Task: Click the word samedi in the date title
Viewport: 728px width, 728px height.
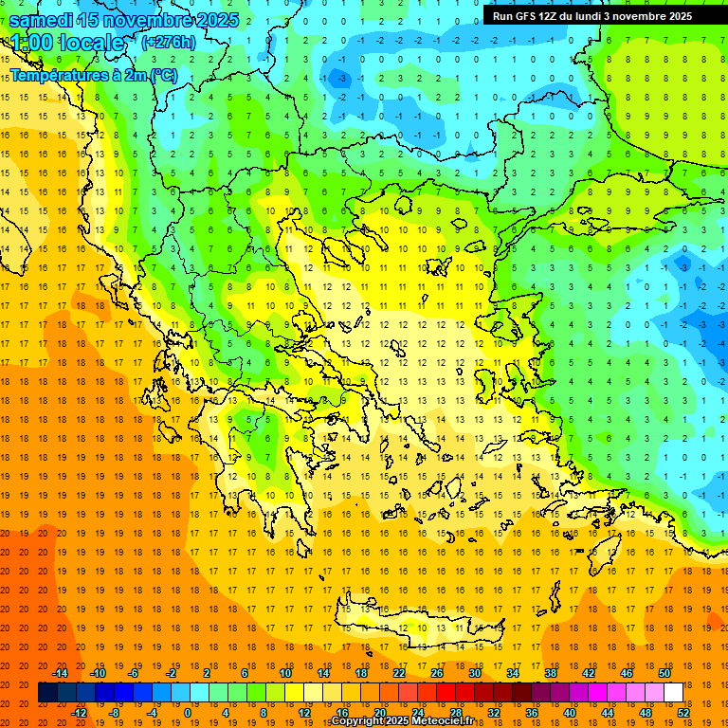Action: pos(41,20)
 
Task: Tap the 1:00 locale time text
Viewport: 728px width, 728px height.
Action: pos(66,43)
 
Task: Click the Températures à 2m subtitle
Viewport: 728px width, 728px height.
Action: pos(93,75)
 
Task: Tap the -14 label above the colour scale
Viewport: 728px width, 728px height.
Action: pos(61,673)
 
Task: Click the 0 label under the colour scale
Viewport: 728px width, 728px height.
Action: pos(188,713)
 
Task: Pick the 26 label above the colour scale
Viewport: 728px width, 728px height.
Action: pos(437,673)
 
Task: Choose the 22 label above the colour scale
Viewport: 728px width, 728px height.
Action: pos(399,673)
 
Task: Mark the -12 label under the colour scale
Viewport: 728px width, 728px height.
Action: pos(80,713)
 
